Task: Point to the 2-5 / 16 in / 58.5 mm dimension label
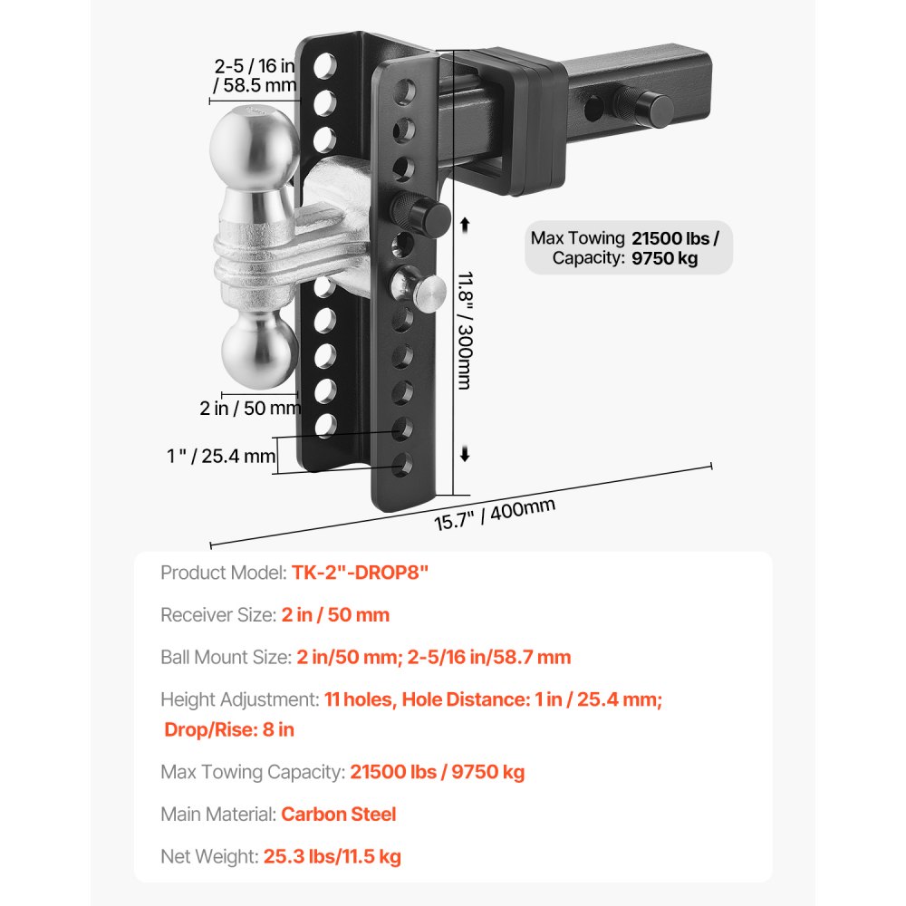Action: click(x=255, y=75)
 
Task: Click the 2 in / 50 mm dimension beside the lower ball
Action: click(x=250, y=408)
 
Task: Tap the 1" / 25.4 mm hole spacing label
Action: click(x=221, y=457)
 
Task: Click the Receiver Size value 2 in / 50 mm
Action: click(x=335, y=615)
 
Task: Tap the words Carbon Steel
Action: click(x=339, y=814)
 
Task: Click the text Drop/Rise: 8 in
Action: click(x=229, y=729)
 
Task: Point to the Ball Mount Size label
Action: click(x=226, y=658)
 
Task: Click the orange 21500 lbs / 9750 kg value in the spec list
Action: click(x=438, y=772)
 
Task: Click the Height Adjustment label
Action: click(x=238, y=699)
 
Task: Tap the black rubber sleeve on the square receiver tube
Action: click(x=507, y=122)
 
